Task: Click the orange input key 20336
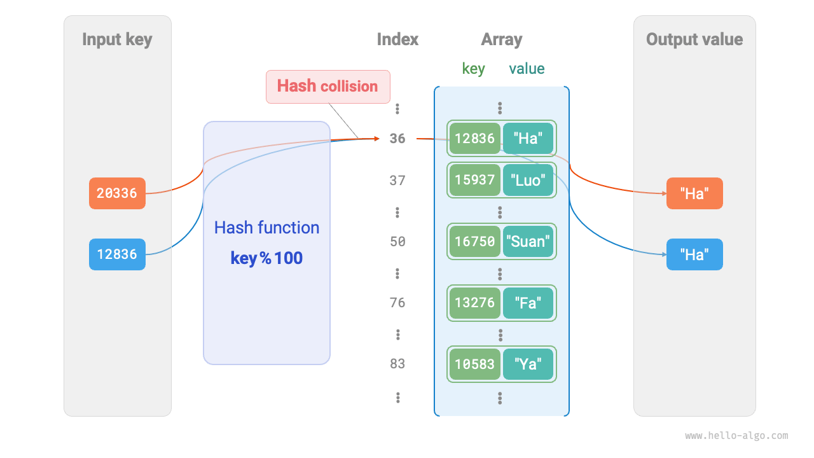pos(117,193)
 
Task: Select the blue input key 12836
pos(117,254)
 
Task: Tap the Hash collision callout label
pos(328,87)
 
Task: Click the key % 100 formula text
pos(266,258)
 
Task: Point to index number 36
pos(397,139)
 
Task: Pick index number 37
pos(397,181)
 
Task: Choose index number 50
pos(397,242)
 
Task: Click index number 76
pos(397,303)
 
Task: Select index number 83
pos(397,364)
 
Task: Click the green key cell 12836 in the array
pos(474,139)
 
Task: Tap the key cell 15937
pos(474,181)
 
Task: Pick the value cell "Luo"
pos(528,181)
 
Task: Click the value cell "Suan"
pos(528,242)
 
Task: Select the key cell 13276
pos(474,303)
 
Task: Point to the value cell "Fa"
pos(528,303)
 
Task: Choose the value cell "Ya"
pos(528,364)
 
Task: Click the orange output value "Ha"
pos(694,193)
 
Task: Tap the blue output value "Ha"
pos(694,254)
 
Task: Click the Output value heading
pos(694,39)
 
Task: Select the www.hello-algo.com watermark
pos(736,436)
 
